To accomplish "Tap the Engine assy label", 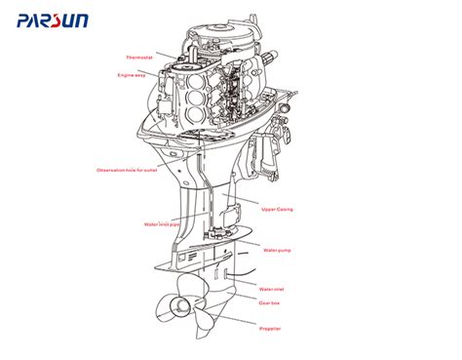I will click(x=132, y=75).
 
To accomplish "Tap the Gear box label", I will click(x=270, y=302).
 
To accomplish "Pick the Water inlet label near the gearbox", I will click(x=272, y=289).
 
